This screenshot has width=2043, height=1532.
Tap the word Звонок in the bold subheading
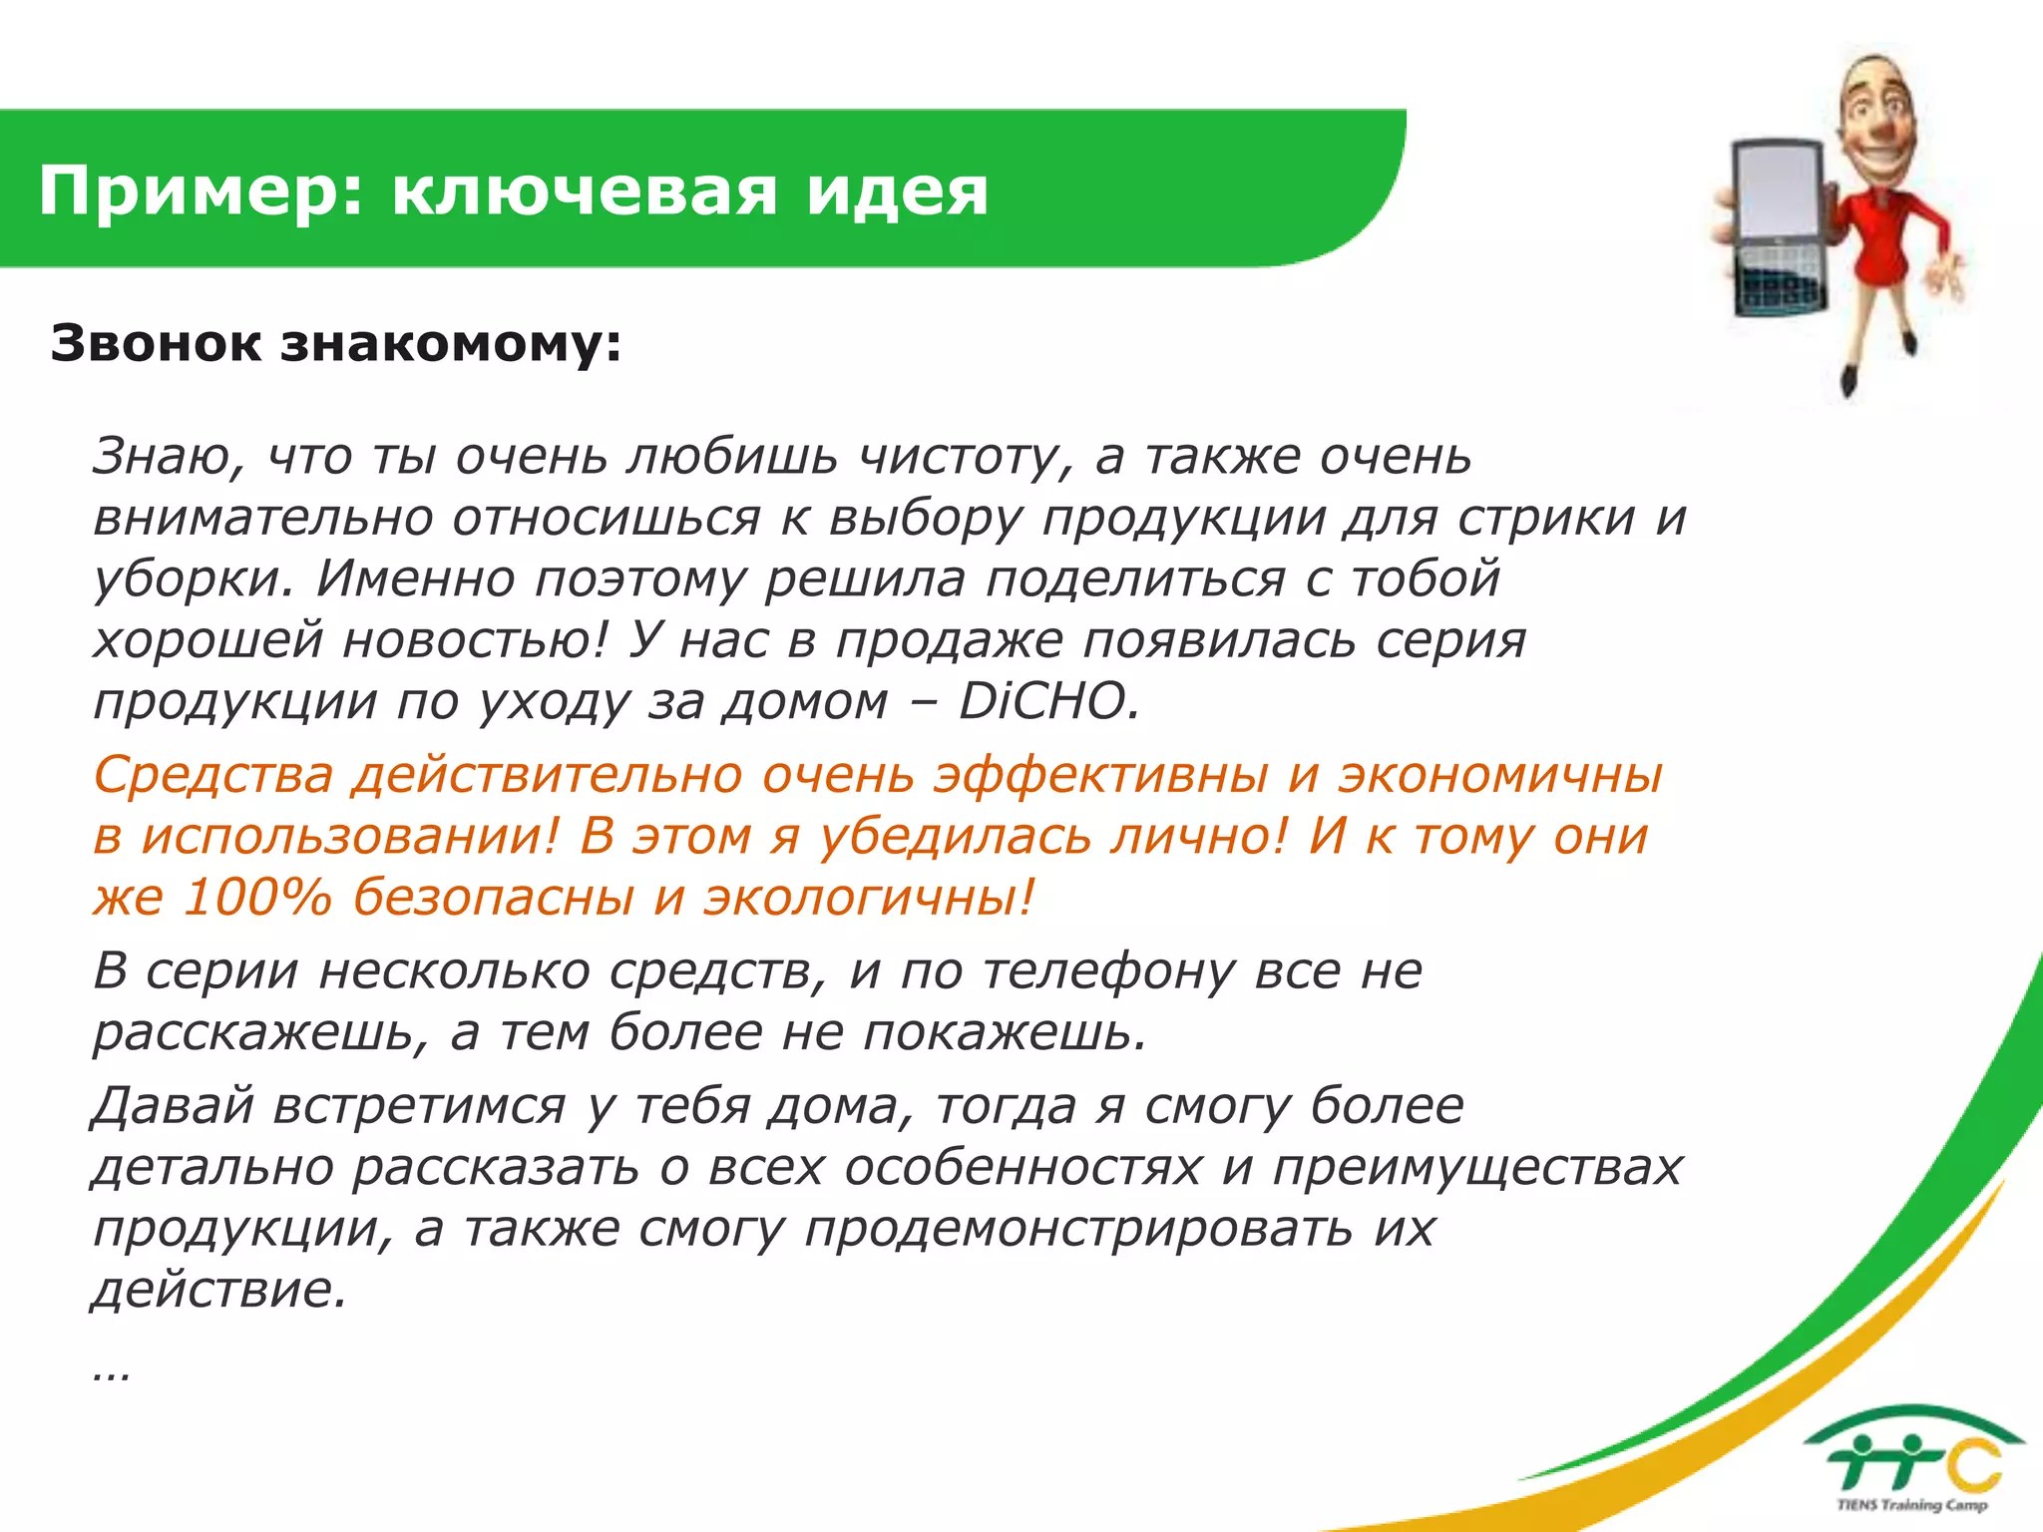[x=156, y=343]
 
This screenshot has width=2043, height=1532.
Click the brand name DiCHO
[x=1047, y=701]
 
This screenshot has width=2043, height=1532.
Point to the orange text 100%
[x=256, y=897]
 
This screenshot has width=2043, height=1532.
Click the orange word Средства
[x=212, y=775]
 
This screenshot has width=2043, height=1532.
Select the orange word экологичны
[x=868, y=897]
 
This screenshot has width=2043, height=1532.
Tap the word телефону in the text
[x=1108, y=970]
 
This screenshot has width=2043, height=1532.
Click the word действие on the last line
[x=218, y=1291]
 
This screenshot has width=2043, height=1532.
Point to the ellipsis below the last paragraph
[x=110, y=1374]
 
